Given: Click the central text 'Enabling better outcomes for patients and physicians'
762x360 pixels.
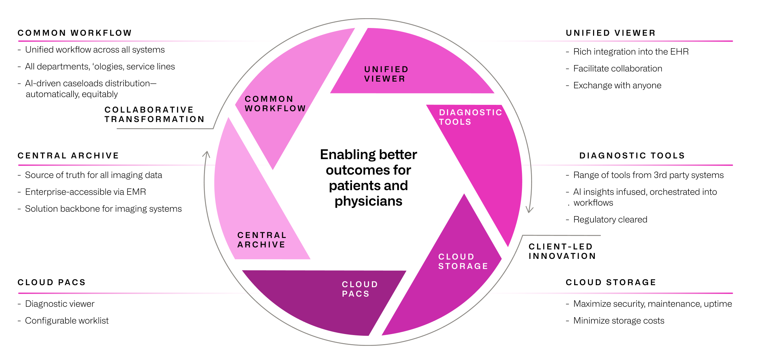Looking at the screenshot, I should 368,178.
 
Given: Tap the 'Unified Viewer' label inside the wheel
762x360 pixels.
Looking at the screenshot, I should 386,74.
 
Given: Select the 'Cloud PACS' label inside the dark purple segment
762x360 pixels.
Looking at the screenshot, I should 359,289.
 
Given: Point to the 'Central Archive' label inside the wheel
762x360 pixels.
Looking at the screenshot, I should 262,240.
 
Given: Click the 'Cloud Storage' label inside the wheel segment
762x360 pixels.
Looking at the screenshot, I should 463,261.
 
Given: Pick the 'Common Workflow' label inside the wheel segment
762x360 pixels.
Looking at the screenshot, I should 275,103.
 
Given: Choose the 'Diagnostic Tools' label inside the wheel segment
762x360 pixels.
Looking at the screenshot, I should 470,117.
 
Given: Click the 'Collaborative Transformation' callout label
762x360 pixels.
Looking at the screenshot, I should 154,114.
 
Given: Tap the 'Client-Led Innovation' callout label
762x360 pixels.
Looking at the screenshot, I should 562,251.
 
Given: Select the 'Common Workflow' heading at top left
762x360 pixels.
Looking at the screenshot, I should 75,33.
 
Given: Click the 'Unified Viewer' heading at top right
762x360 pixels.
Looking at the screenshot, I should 611,33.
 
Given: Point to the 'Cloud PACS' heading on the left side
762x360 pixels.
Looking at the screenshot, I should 52,282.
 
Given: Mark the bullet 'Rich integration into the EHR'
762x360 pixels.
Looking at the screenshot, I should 631,52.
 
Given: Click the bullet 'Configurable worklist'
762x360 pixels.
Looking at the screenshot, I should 67,321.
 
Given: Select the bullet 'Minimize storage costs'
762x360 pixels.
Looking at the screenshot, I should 618,321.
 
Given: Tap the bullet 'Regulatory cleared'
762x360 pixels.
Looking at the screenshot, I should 610,219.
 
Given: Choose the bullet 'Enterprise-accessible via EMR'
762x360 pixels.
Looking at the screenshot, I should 85,192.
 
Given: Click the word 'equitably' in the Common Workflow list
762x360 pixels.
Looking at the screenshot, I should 100,94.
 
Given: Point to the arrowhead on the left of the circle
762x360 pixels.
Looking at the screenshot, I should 206,154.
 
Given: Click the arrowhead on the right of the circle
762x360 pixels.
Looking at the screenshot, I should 530,210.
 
